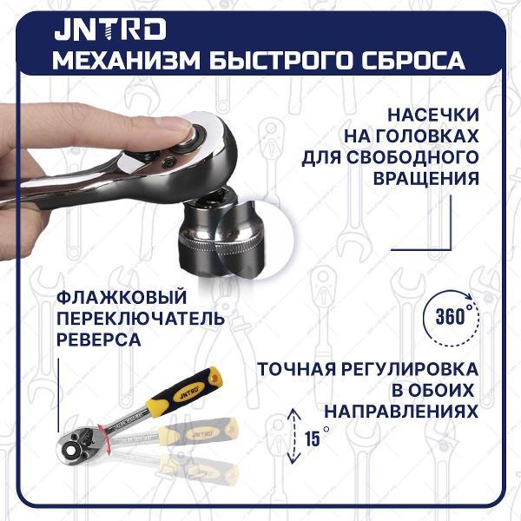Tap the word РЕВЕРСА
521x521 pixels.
point(97,340)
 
